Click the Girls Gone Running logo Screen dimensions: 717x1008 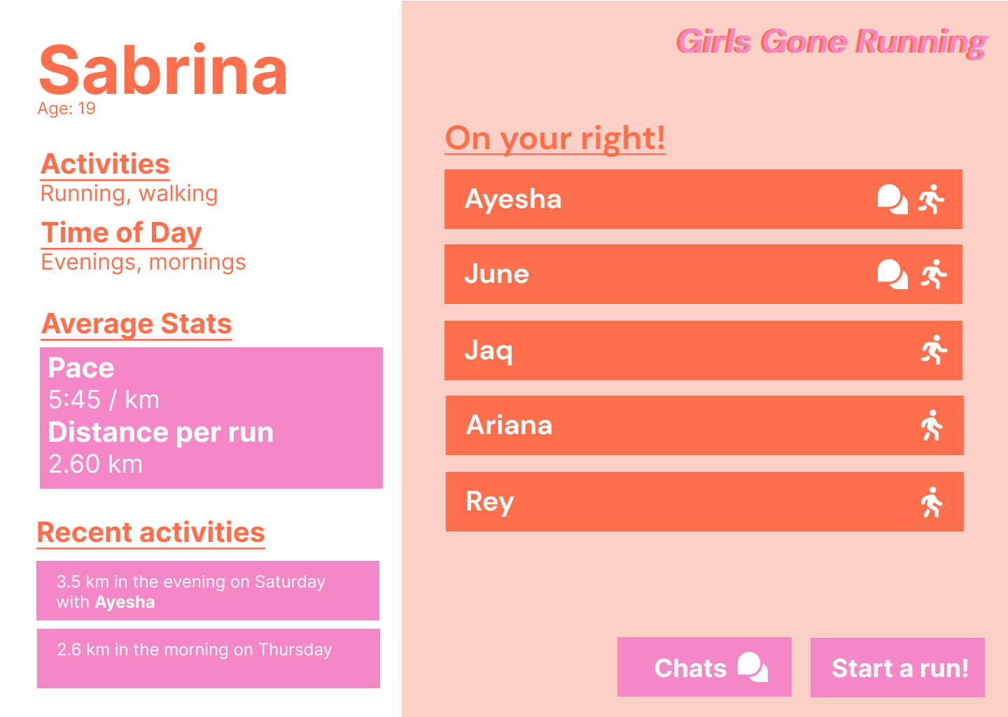click(x=832, y=43)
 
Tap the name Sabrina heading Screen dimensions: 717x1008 click(x=163, y=70)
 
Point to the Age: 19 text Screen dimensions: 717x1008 click(x=66, y=109)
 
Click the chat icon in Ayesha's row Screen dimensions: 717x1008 click(x=892, y=200)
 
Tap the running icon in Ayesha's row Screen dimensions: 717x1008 click(x=932, y=200)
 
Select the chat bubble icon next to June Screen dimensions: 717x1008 click(x=892, y=274)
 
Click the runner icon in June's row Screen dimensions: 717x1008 click(x=934, y=274)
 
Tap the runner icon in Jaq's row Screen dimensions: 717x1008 click(x=934, y=350)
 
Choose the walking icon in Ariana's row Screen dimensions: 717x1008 click(x=932, y=425)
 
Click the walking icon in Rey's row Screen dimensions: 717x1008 click(x=932, y=501)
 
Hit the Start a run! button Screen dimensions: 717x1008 click(x=897, y=668)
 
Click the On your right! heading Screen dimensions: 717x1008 click(x=555, y=138)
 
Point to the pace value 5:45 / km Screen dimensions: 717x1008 click(x=104, y=400)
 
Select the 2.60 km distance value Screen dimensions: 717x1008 click(x=95, y=464)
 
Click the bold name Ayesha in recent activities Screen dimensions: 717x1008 click(x=125, y=602)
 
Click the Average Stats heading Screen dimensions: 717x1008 click(x=136, y=324)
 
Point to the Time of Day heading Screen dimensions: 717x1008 click(x=122, y=233)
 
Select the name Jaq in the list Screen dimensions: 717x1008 click(x=489, y=350)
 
